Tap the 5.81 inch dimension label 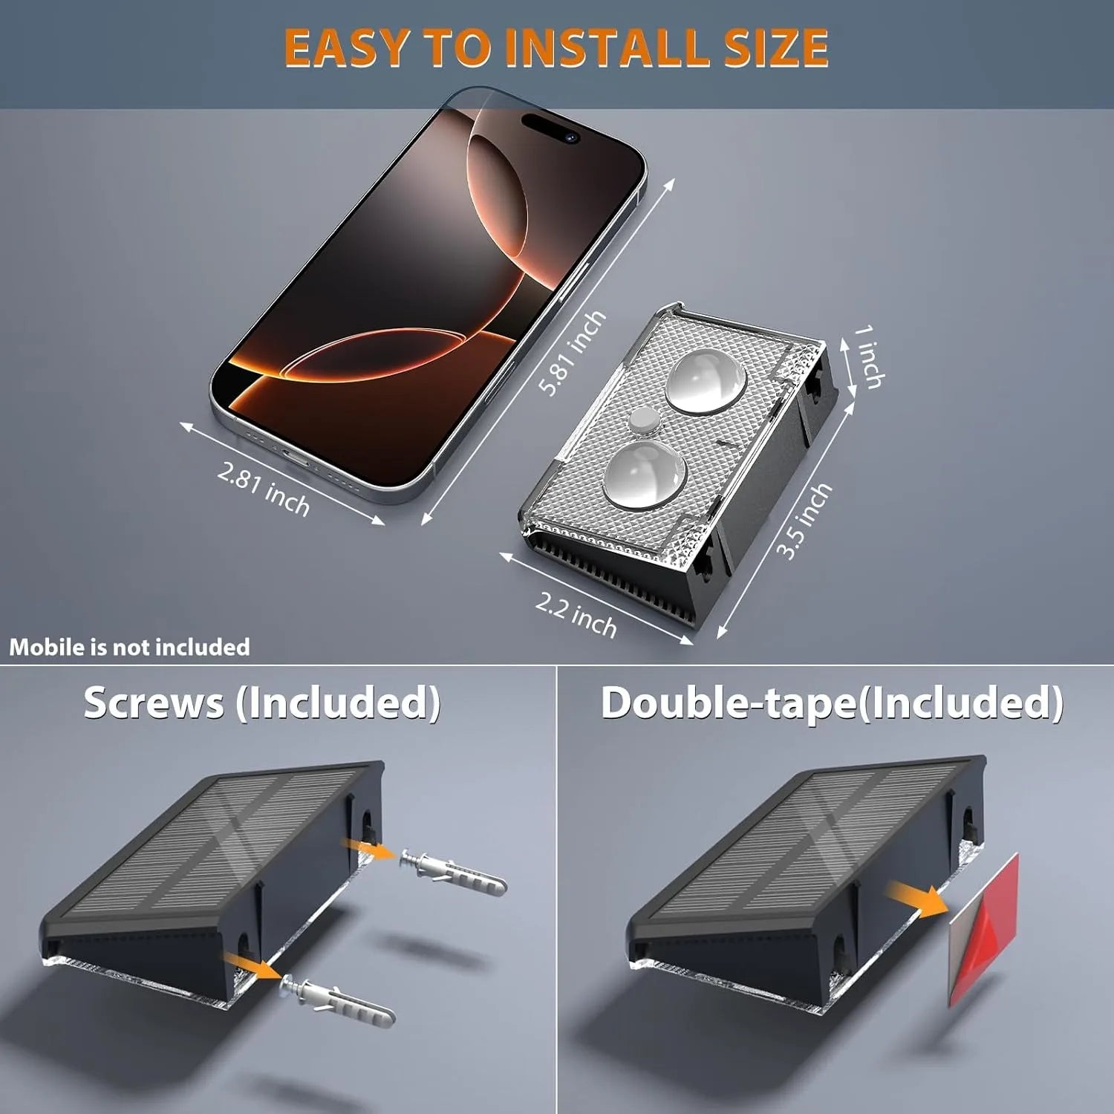[573, 354]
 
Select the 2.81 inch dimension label [264, 488]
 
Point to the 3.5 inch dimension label [804, 520]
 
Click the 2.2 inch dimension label [576, 616]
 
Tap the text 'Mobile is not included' [129, 647]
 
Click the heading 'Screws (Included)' [261, 703]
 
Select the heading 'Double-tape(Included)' [832, 703]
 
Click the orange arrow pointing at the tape [918, 897]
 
